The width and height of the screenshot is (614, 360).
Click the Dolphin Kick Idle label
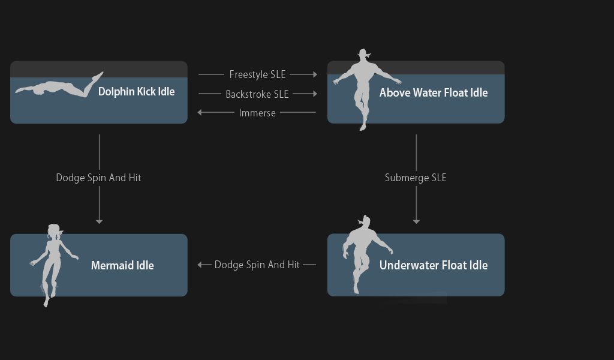pyautogui.click(x=136, y=92)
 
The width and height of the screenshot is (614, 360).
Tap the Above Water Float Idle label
pyautogui.click(x=434, y=93)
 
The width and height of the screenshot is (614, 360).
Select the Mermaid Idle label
pyautogui.click(x=122, y=266)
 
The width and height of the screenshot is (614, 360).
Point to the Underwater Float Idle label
pyautogui.click(x=434, y=265)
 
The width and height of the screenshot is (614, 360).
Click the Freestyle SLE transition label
pyautogui.click(x=257, y=74)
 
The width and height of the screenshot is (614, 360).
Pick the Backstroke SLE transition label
pyautogui.click(x=257, y=94)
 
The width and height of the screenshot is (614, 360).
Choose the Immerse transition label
pyautogui.click(x=257, y=113)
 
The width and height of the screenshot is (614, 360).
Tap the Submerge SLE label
pyautogui.click(x=416, y=178)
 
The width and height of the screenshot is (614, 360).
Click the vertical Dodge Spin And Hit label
pyautogui.click(x=99, y=178)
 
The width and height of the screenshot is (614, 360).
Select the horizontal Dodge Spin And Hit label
pyautogui.click(x=257, y=265)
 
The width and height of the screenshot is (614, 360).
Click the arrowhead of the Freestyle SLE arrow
pyautogui.click(x=315, y=74)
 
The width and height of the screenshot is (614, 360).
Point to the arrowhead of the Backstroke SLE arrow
pyautogui.click(x=315, y=94)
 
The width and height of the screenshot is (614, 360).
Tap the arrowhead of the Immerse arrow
pyautogui.click(x=200, y=112)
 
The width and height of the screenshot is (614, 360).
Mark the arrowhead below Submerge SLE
pyautogui.click(x=416, y=222)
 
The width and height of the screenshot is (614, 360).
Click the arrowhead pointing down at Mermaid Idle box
pyautogui.click(x=99, y=222)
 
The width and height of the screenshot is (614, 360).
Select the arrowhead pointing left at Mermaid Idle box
pyautogui.click(x=200, y=265)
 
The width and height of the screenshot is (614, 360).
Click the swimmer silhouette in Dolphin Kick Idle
pyautogui.click(x=59, y=87)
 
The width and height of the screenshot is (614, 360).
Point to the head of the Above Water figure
pyautogui.click(x=364, y=55)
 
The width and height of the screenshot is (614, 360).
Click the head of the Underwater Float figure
pyautogui.click(x=365, y=221)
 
